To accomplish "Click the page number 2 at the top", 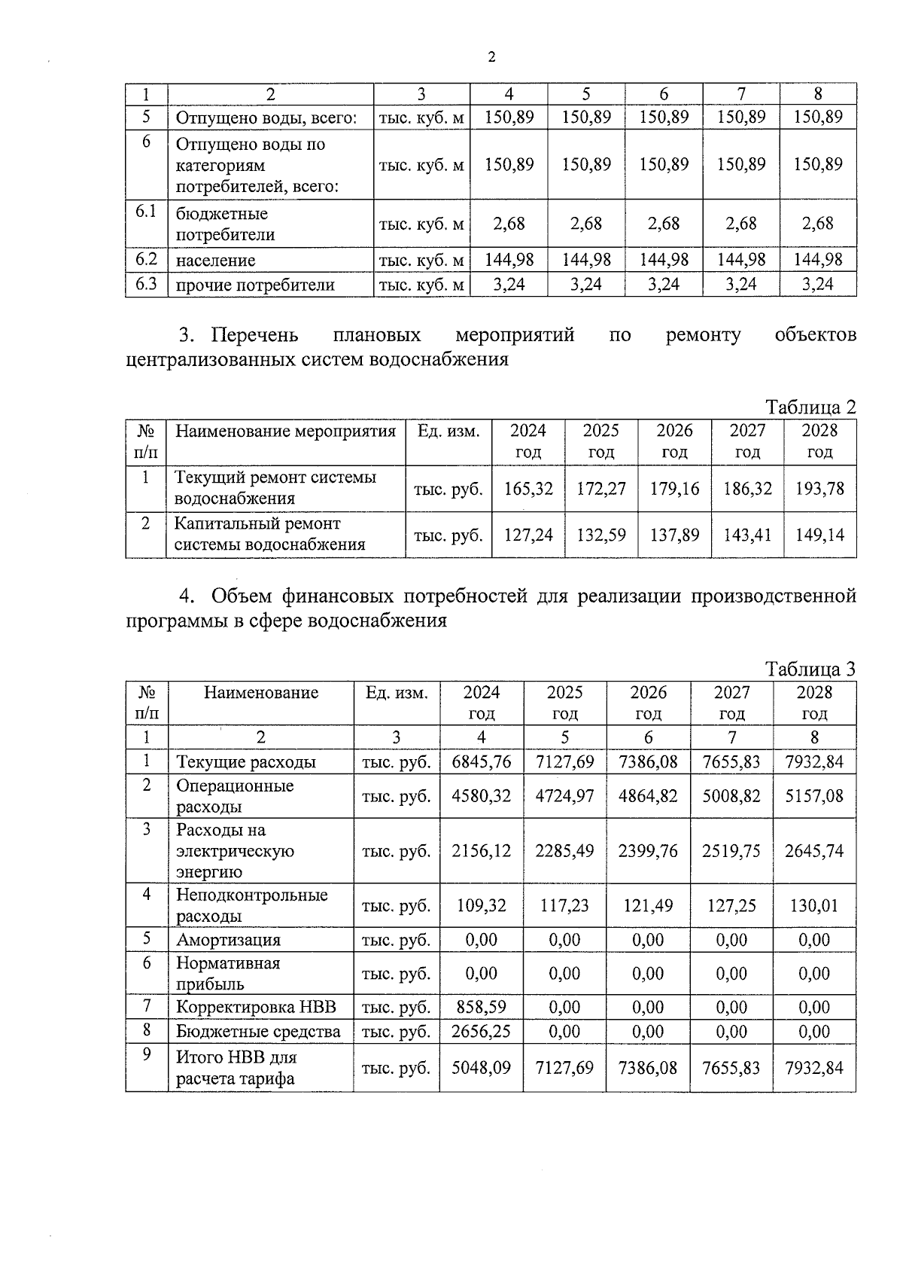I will pos(491,57).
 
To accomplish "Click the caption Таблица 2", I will pos(810,407).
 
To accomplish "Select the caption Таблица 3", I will pos(810,669).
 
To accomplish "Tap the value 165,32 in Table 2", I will pos(528,489).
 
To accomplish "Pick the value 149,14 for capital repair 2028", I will pos(819,535).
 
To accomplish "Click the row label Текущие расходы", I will pos(246,761).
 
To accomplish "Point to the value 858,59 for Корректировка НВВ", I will pos(482,1007).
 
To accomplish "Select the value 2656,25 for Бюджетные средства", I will pos(482,1031).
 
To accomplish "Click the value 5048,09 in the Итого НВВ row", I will pos(482,1067).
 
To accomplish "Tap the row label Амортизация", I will pos(228,940).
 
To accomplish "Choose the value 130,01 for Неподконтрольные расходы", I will pos(814,905).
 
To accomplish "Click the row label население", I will pos(215,261).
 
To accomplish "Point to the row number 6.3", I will pos(146,284).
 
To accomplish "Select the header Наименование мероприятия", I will pos(285,432).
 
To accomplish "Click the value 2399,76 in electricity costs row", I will pos(648,851).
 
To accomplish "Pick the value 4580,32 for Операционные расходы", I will pos(482,796).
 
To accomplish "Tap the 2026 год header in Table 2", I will pos(674,441).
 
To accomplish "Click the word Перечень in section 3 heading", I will pos(254,334).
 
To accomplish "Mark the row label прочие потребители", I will pos(255,285).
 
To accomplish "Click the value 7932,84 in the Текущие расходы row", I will pos(814,761).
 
